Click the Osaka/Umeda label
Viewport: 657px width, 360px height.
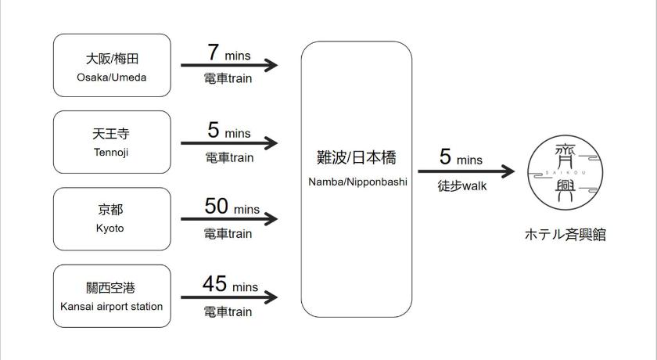tap(111, 77)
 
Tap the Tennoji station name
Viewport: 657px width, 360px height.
tap(111, 153)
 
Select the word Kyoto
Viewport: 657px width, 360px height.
tap(109, 229)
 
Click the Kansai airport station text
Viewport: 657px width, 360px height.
tap(111, 306)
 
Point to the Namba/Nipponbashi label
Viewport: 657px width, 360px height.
tap(358, 182)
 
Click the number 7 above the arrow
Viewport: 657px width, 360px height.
tap(214, 52)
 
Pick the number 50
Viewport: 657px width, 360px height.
tap(216, 206)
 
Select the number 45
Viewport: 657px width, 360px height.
tap(214, 284)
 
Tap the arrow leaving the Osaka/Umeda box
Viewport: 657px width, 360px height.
tap(229, 65)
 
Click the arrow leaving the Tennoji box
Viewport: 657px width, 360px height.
tap(229, 143)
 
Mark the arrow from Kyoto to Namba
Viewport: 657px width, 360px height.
tap(229, 219)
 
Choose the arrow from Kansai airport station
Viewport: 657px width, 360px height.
tap(229, 297)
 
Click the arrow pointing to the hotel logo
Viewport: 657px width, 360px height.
tap(466, 171)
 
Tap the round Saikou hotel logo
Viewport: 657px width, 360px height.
tap(565, 173)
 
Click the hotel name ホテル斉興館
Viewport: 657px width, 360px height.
tap(565, 234)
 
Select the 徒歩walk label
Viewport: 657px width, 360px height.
tap(462, 185)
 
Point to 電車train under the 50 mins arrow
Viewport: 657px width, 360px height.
tap(228, 233)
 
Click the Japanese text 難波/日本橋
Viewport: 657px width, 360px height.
tap(357, 157)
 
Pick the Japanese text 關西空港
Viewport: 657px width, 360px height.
tap(110, 288)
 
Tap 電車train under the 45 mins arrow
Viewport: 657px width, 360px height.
tap(228, 311)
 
